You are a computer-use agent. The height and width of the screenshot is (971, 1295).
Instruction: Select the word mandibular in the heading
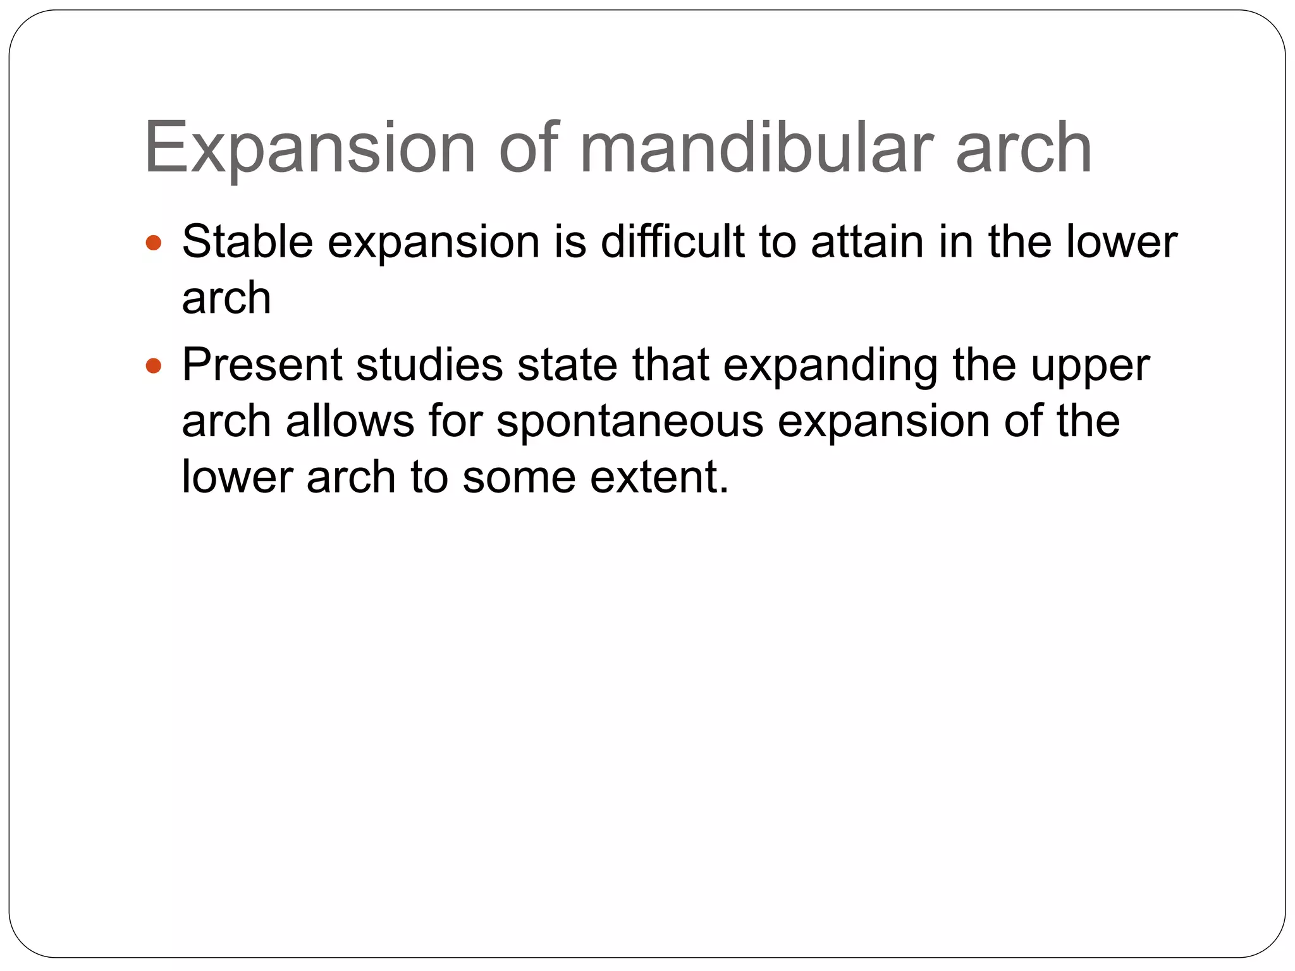click(x=757, y=149)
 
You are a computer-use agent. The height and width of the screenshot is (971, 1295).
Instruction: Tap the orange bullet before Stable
click(x=154, y=242)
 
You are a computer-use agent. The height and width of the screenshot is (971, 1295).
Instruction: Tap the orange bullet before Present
click(x=154, y=365)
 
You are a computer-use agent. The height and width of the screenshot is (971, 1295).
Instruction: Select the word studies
click(x=429, y=365)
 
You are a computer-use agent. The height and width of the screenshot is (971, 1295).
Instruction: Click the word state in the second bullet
click(x=567, y=365)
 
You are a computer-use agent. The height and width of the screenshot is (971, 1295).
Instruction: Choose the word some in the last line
click(x=519, y=477)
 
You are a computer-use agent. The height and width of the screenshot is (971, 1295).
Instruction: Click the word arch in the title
click(x=1024, y=149)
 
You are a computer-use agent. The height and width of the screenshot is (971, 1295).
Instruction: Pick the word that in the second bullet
click(x=670, y=365)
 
